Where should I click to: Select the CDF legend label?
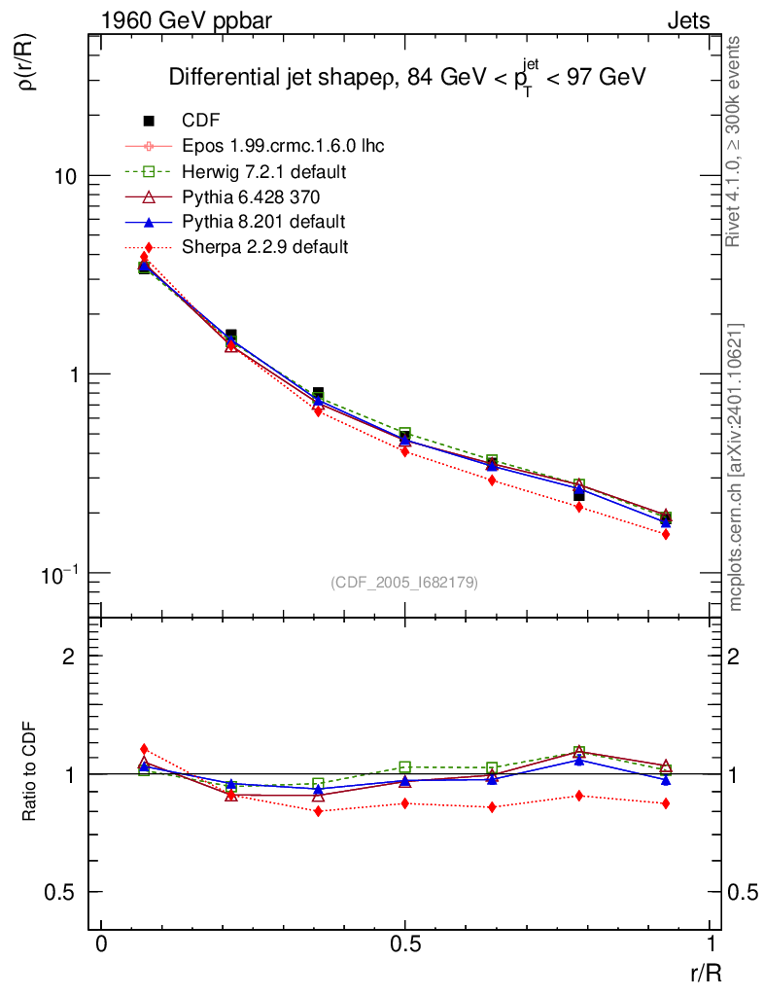click(x=201, y=121)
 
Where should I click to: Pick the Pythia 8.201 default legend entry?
click(x=263, y=222)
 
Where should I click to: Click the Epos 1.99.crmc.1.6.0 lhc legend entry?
click(x=283, y=147)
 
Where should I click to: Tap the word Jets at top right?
click(x=687, y=20)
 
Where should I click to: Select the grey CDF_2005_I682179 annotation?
click(x=404, y=582)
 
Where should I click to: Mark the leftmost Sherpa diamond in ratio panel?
click(x=144, y=749)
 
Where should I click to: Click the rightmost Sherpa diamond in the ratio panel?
click(x=666, y=803)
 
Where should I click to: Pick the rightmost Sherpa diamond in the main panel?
click(x=666, y=534)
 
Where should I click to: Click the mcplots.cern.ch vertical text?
click(x=736, y=467)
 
